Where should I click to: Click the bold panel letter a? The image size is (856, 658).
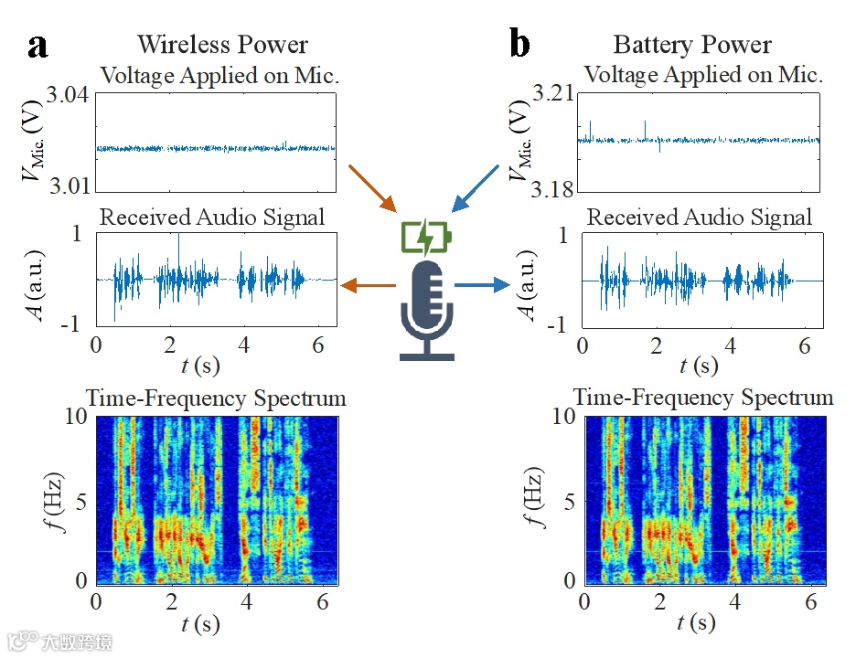[x=37, y=46]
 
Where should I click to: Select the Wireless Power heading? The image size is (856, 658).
[x=222, y=44]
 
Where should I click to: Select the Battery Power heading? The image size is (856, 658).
[x=691, y=44]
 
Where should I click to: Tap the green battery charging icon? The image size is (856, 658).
[x=427, y=237]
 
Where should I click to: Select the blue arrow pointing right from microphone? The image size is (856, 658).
[x=482, y=286]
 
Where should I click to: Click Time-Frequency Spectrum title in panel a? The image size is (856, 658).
[x=216, y=398]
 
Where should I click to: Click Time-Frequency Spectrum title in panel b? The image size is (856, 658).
[x=702, y=398]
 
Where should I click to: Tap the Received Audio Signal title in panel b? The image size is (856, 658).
[x=699, y=218]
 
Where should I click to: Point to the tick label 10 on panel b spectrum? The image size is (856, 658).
[x=562, y=417]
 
